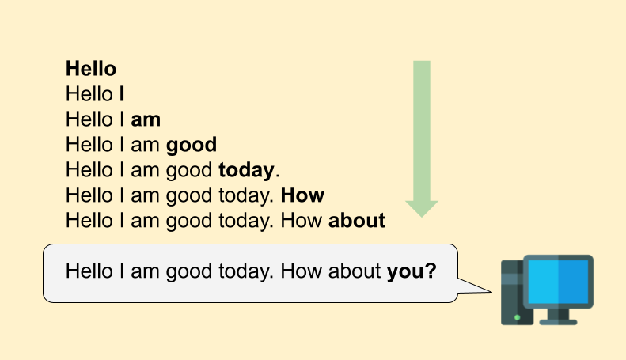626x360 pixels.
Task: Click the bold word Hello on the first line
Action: pyautogui.click(x=91, y=69)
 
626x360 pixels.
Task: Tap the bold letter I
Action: pyautogui.click(x=122, y=94)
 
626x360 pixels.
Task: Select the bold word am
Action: pyautogui.click(x=146, y=119)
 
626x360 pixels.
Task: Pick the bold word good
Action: pyautogui.click(x=192, y=145)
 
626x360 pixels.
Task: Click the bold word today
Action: pyautogui.click(x=246, y=170)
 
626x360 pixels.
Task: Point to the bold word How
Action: pyautogui.click(x=302, y=195)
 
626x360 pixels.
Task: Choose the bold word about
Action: pyautogui.click(x=357, y=220)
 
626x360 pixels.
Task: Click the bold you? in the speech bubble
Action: pyautogui.click(x=412, y=271)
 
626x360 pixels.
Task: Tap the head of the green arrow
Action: pyautogui.click(x=422, y=209)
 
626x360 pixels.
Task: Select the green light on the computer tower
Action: pyautogui.click(x=518, y=317)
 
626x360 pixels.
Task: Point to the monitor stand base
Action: pyautogui.click(x=558, y=322)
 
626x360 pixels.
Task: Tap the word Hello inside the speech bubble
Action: pyautogui.click(x=89, y=271)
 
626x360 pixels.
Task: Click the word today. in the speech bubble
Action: pyautogui.click(x=246, y=272)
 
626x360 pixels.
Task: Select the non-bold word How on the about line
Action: pyautogui.click(x=302, y=220)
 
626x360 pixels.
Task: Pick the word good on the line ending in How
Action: pyautogui.click(x=189, y=195)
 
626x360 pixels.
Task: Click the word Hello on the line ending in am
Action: pyautogui.click(x=89, y=119)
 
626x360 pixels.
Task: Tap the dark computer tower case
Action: pyautogui.click(x=514, y=292)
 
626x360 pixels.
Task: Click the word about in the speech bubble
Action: pyautogui.click(x=355, y=271)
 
